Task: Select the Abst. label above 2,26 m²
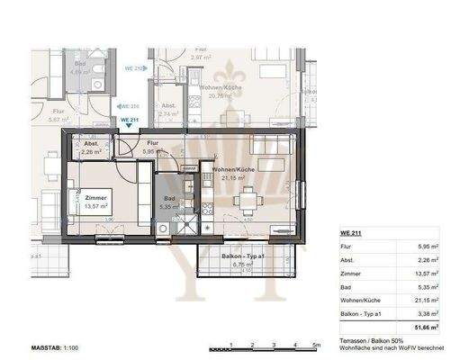[92, 144]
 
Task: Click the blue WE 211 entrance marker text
[129, 121]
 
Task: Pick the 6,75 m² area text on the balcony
[238, 266]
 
